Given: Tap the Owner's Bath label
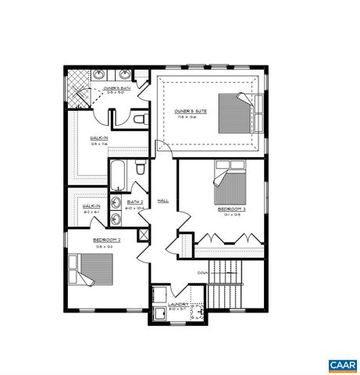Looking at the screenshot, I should click(x=119, y=90).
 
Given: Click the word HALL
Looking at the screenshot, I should click(x=163, y=201).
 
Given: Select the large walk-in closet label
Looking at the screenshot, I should click(x=99, y=140).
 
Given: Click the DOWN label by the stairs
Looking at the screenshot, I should click(x=201, y=273).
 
